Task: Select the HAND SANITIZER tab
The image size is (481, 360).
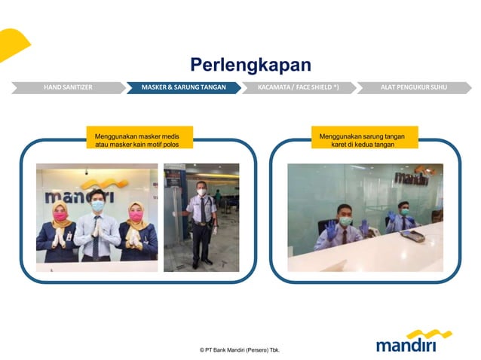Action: (68, 87)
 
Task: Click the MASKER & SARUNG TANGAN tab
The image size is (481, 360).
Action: (183, 87)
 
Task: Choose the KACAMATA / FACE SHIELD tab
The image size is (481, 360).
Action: (298, 87)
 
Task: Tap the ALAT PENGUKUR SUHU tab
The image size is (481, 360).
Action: (412, 87)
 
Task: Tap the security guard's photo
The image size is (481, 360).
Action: (201, 217)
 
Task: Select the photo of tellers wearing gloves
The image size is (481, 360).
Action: (365, 217)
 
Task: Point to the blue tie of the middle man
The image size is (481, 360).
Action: (97, 230)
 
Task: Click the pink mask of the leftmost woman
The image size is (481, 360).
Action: (60, 217)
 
